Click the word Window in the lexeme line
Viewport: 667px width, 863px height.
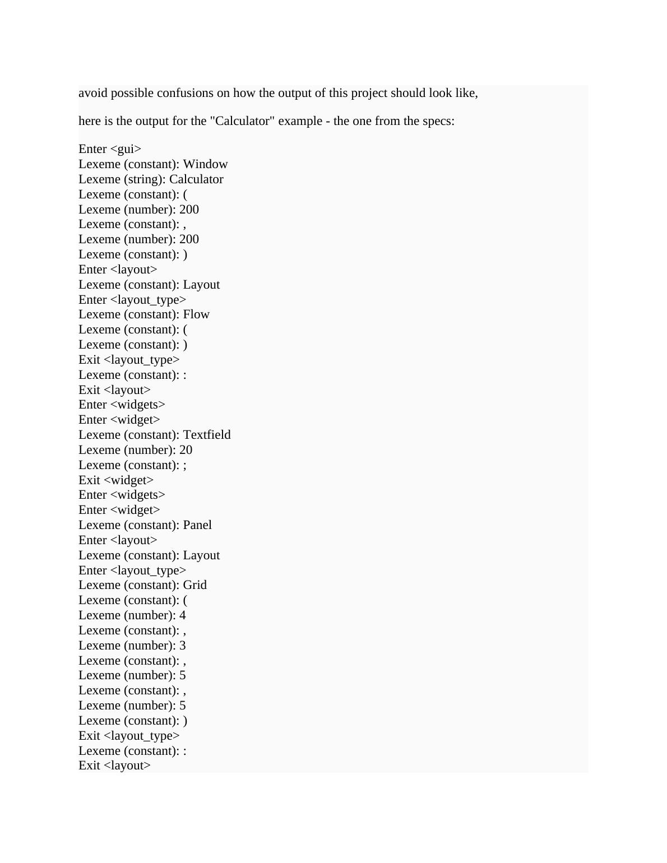pyautogui.click(x=205, y=164)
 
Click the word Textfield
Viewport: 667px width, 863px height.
pyautogui.click(x=207, y=435)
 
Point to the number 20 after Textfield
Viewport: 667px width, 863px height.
pyautogui.click(x=186, y=450)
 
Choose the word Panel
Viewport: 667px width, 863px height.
pyautogui.click(x=197, y=525)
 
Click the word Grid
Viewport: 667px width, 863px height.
pyautogui.click(x=195, y=585)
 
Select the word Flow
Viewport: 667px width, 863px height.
pyautogui.click(x=196, y=314)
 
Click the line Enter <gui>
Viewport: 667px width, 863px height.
pyautogui.click(x=110, y=149)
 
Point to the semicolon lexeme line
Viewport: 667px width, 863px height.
pyautogui.click(x=132, y=465)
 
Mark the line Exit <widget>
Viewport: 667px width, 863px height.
pyautogui.click(x=116, y=480)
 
